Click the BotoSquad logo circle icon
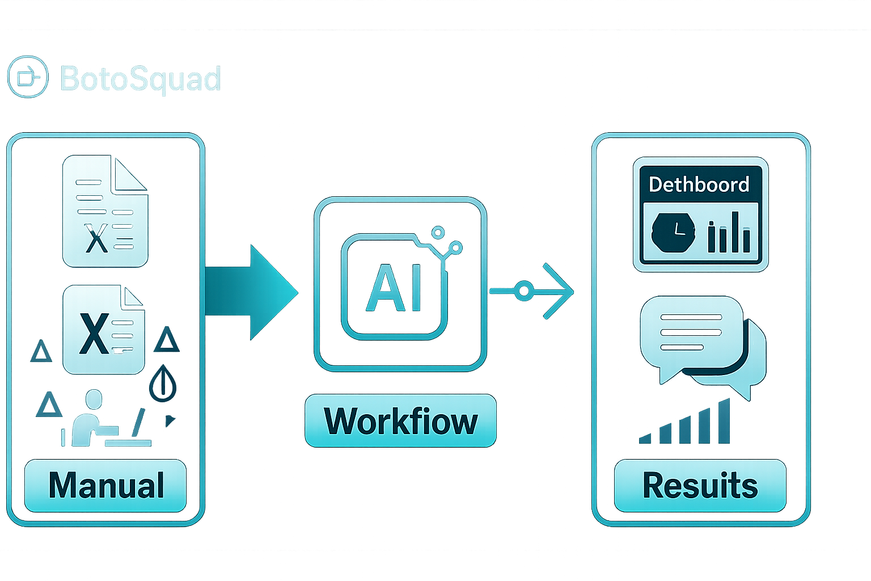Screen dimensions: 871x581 click(28, 77)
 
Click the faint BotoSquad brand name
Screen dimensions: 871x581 click(141, 79)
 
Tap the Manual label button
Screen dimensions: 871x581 click(105, 485)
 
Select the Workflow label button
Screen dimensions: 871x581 click(400, 420)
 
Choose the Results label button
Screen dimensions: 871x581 click(700, 485)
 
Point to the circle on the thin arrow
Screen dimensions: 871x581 click(524, 290)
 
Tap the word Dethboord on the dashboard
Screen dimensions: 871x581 click(699, 184)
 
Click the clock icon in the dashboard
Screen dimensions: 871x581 click(673, 232)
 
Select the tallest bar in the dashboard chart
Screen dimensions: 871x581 click(735, 232)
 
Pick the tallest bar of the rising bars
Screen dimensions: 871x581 click(724, 421)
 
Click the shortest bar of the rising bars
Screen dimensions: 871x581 click(645, 439)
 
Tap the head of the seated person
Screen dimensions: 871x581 click(94, 399)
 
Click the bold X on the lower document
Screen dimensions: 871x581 click(94, 334)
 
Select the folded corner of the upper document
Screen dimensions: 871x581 click(129, 174)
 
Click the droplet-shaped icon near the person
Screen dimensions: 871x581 click(163, 383)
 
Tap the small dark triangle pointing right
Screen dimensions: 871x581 click(170, 421)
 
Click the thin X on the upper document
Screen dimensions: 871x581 click(96, 238)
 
